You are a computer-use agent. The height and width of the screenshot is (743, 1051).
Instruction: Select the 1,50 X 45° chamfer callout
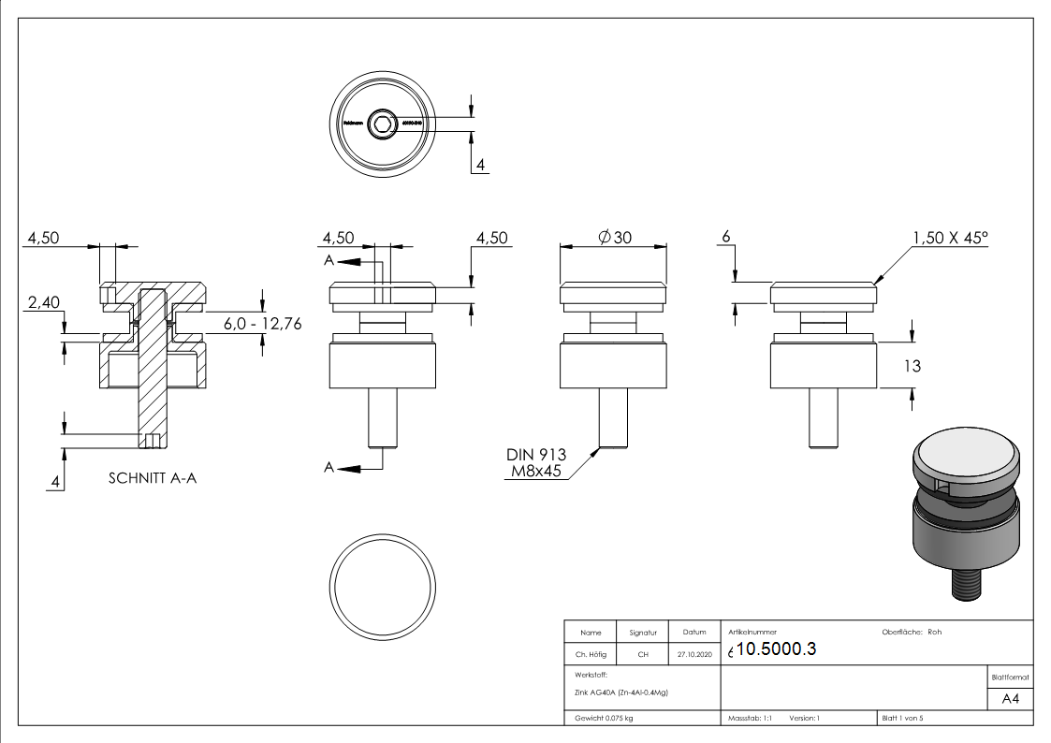tap(949, 238)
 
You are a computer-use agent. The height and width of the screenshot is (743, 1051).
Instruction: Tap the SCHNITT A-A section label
tap(152, 477)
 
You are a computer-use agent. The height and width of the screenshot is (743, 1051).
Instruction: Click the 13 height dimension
tap(912, 366)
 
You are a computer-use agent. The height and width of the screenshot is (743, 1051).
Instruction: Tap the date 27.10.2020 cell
tap(693, 655)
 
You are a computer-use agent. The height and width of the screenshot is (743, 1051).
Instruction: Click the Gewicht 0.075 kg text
tap(601, 719)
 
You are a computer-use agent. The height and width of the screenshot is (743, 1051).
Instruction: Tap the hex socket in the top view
tap(382, 123)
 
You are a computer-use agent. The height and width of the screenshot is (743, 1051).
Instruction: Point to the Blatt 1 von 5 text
tap(902, 719)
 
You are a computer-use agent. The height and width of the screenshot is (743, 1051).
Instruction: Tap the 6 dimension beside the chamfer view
tap(724, 238)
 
